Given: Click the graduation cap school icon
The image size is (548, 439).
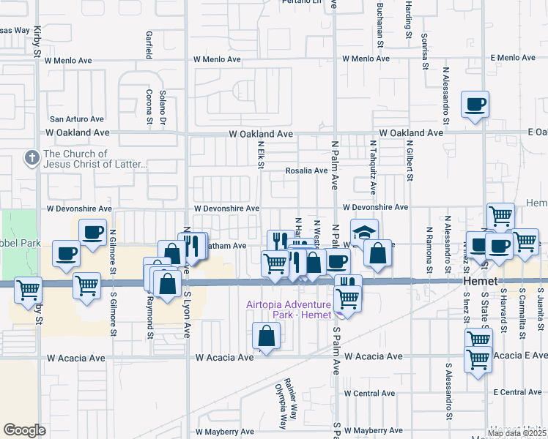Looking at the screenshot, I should (364, 232).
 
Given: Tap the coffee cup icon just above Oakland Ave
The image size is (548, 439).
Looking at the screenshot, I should (475, 105).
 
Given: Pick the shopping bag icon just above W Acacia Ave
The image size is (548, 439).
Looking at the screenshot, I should (266, 337).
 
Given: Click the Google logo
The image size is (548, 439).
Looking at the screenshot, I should (24, 430).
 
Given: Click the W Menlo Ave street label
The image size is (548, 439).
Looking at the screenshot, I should (217, 59).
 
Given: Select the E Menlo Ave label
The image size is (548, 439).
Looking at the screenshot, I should (514, 57).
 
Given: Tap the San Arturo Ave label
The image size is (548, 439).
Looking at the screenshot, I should (77, 119).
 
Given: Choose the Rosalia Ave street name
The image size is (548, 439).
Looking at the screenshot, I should (306, 170).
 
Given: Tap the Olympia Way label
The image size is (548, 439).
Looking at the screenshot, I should (278, 405).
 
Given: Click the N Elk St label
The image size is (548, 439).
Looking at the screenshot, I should (261, 155).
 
